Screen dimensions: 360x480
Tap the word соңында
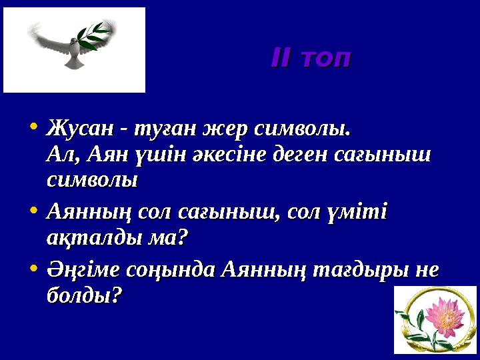(174, 270)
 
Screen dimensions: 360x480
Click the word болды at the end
(83, 295)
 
